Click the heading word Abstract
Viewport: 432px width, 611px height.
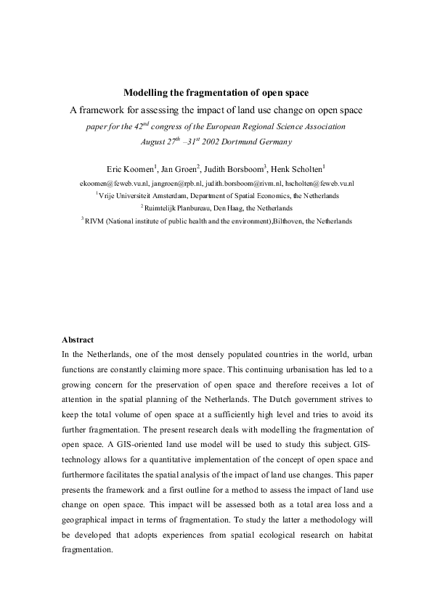[x=78, y=340]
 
